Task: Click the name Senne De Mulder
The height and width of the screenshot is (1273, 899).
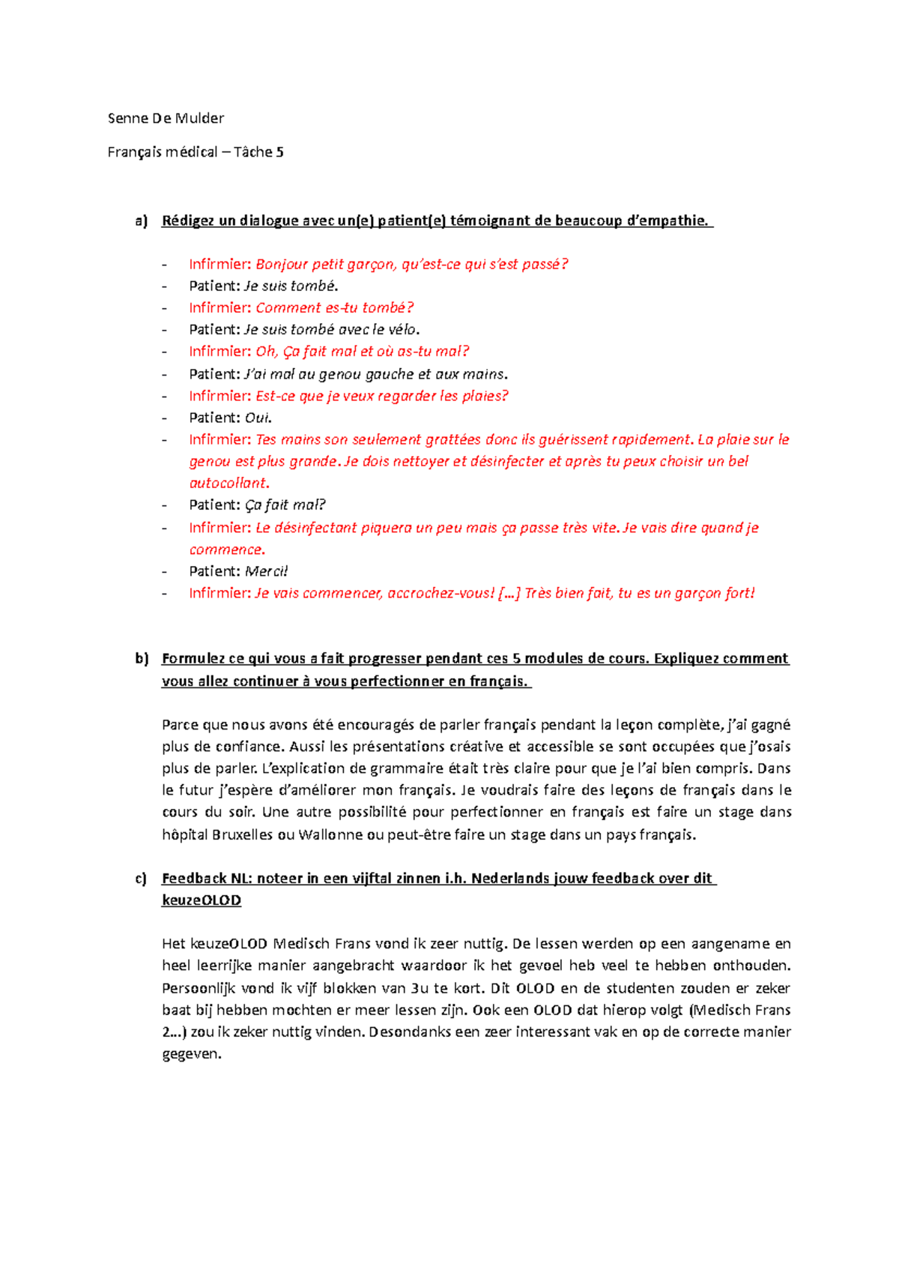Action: [166, 118]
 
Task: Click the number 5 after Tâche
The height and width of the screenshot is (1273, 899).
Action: [279, 152]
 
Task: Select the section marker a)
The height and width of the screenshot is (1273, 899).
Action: [142, 220]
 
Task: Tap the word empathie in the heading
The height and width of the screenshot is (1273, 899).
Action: [671, 220]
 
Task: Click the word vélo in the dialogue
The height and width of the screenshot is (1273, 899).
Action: [404, 329]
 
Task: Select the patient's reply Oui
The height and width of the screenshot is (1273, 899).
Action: [258, 418]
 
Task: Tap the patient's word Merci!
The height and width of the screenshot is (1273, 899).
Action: [267, 571]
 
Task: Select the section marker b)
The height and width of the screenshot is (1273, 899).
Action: [142, 658]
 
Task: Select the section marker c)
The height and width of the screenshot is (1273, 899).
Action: [142, 878]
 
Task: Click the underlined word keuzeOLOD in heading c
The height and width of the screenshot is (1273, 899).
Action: [201, 900]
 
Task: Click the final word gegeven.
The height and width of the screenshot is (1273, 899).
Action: [191, 1054]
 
